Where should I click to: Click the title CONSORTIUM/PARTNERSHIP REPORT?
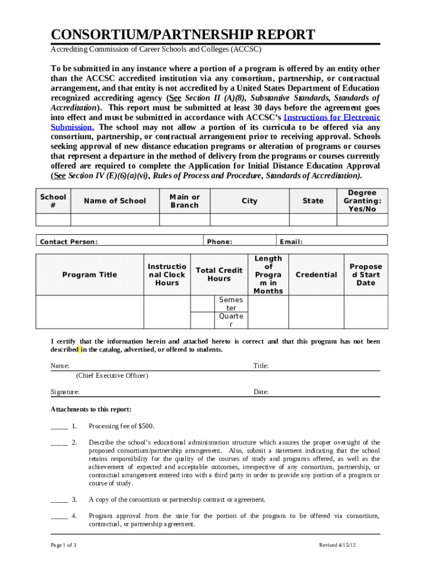pyautogui.click(x=183, y=35)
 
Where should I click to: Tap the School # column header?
pyautogui.click(x=53, y=201)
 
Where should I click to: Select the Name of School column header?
pyautogui.click(x=115, y=201)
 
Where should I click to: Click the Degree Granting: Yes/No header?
pyautogui.click(x=362, y=201)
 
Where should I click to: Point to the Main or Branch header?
pyautogui.click(x=184, y=201)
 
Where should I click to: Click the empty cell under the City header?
pyautogui.click(x=249, y=220)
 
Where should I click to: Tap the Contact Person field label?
pyautogui.click(x=69, y=242)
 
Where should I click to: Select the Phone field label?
pyautogui.click(x=219, y=242)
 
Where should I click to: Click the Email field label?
pyautogui.click(x=291, y=242)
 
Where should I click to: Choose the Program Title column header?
pyautogui.click(x=90, y=275)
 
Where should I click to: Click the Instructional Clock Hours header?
pyautogui.click(x=167, y=275)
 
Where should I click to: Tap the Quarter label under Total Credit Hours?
pyautogui.click(x=231, y=320)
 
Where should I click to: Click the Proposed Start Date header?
pyautogui.click(x=366, y=275)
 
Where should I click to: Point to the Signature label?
pyautogui.click(x=65, y=392)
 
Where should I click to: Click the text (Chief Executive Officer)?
pyautogui.click(x=113, y=375)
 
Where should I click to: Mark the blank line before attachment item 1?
pyautogui.click(x=59, y=426)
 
